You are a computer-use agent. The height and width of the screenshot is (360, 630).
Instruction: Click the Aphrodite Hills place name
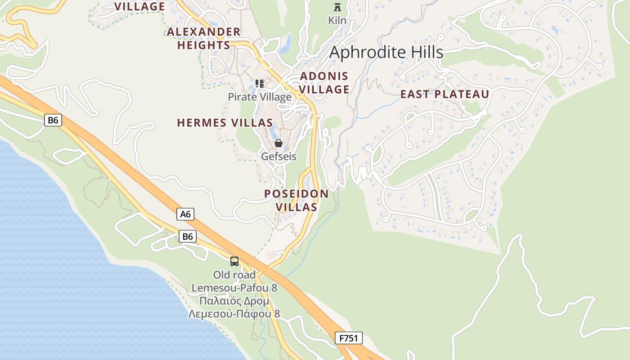click(386, 52)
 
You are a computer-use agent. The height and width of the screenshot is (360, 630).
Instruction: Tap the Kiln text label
click(337, 20)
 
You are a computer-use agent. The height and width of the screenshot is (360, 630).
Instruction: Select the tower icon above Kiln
click(337, 7)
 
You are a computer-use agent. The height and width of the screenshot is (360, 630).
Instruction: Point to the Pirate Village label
click(260, 97)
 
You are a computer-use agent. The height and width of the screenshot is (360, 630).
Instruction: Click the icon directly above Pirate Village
click(259, 83)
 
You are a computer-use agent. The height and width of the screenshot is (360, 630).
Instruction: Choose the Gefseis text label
click(279, 156)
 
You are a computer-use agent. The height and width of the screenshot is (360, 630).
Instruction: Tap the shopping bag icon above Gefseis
click(279, 143)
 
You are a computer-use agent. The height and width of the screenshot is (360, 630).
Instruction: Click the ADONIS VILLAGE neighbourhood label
click(324, 83)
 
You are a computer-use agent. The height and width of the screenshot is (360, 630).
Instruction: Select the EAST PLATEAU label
click(445, 94)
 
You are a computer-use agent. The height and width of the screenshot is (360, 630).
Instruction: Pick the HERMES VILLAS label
click(225, 123)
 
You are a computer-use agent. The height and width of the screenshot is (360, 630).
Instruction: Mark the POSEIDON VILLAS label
click(296, 200)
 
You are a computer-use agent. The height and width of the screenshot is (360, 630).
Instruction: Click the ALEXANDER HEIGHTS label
click(204, 38)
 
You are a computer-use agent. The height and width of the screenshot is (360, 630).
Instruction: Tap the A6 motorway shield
click(185, 214)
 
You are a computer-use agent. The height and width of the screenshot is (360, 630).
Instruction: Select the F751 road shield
click(348, 338)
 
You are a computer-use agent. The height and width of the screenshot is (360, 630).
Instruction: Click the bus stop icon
click(234, 261)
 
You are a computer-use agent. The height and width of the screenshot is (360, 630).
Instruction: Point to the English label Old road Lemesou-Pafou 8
click(234, 281)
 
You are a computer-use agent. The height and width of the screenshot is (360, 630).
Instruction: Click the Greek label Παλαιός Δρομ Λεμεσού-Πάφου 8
click(234, 307)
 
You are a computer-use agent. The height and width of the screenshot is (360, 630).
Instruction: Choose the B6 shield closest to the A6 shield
click(188, 236)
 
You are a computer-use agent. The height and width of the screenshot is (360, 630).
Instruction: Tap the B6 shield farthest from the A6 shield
click(53, 120)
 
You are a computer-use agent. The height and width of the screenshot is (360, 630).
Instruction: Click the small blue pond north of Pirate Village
click(284, 45)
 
